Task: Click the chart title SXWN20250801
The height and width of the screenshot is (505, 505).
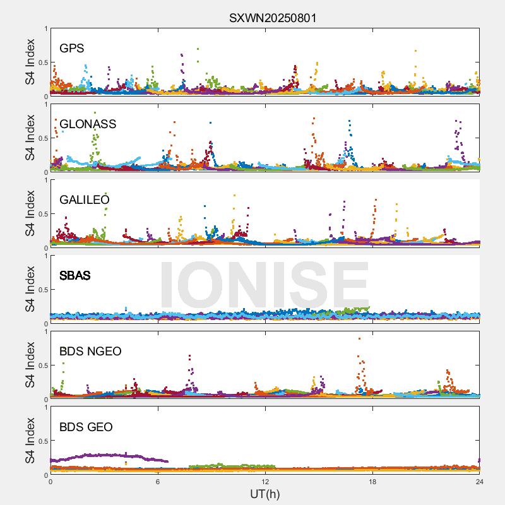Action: point(273,18)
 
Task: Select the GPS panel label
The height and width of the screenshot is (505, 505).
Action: point(72,48)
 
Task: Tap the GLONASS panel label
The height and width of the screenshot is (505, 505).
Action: point(88,124)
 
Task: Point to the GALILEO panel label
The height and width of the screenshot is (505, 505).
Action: point(85,199)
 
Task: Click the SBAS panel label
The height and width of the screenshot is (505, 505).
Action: point(75,275)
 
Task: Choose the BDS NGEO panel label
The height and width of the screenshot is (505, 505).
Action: point(90,351)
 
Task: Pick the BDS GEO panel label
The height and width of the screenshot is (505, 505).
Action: point(86,427)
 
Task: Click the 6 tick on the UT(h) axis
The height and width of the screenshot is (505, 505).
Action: point(158,482)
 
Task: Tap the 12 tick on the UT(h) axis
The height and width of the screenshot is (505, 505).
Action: point(265,482)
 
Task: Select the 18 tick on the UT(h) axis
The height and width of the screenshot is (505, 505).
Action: point(372,482)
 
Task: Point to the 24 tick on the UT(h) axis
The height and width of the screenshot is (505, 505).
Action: point(480,482)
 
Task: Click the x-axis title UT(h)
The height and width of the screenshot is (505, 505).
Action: point(264,493)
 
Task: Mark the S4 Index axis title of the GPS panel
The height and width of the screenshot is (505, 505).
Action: point(30,62)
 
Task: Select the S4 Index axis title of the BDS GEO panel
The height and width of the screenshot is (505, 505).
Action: point(30,441)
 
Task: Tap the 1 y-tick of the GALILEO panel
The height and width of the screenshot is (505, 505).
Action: point(45,180)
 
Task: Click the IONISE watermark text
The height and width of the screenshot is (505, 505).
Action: point(264,284)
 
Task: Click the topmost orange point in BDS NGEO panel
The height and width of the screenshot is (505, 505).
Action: point(360,339)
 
